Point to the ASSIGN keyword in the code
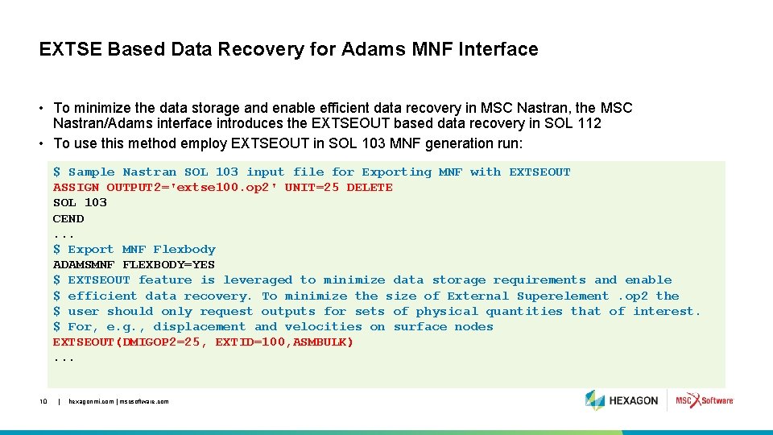pos(76,187)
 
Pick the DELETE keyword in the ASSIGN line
pos(370,187)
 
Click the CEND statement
pos(68,218)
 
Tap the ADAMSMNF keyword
pos(84,264)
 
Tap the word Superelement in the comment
pos(563,296)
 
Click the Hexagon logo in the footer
pos(622,400)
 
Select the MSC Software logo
pos(704,400)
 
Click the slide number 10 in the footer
pos(43,401)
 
